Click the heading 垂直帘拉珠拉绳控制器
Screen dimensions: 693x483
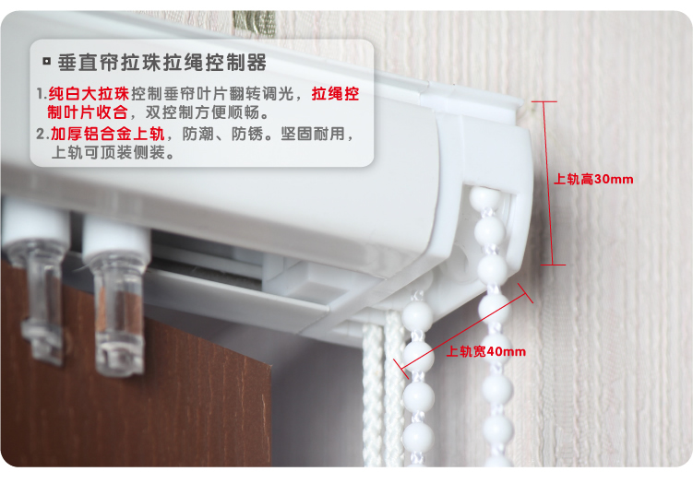point(161,63)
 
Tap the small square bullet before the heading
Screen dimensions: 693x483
point(46,62)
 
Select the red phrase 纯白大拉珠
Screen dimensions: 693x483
point(89,94)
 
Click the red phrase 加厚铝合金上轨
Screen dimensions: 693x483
point(107,134)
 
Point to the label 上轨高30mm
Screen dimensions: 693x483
point(593,179)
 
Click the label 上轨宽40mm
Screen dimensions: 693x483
point(486,351)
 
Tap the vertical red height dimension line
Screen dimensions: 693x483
point(548,183)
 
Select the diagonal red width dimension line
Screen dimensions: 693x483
point(463,331)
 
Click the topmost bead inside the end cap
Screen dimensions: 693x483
point(484,197)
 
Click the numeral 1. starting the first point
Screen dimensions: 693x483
point(42,94)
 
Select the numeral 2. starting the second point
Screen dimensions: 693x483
point(42,134)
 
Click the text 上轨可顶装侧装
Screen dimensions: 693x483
point(108,153)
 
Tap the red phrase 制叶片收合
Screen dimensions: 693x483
point(88,112)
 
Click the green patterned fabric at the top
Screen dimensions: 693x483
point(254,22)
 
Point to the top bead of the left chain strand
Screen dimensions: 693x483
point(417,315)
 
